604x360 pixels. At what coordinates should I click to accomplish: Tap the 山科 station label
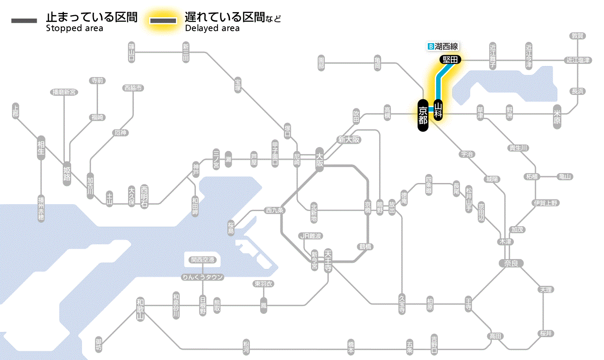click(438, 110)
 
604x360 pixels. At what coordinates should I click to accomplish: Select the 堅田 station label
click(450, 60)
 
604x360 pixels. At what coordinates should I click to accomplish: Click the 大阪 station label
click(319, 159)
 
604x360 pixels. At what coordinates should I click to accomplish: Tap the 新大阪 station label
click(349, 140)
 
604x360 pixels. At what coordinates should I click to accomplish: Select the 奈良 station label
click(511, 263)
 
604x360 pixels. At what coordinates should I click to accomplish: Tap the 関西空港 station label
click(203, 260)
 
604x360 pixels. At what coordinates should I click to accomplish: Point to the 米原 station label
click(557, 117)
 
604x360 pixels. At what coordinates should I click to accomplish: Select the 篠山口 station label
click(132, 51)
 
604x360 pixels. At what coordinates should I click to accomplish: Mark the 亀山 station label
click(565, 177)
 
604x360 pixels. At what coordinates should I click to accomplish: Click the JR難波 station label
click(311, 236)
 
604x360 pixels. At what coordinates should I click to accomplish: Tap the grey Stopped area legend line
click(25, 21)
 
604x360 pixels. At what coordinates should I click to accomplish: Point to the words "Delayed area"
click(212, 28)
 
